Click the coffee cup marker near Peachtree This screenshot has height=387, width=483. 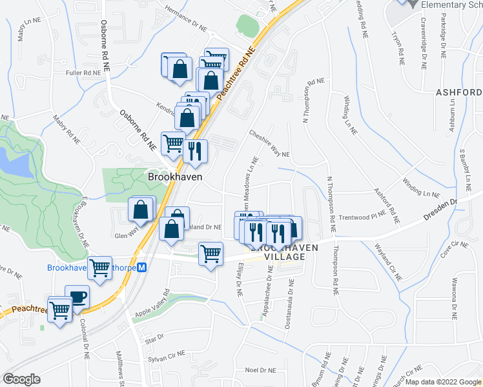[77, 297]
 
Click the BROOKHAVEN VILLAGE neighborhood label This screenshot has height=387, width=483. [277, 252]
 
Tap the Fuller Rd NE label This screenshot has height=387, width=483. [83, 73]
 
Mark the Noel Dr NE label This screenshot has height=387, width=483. [261, 370]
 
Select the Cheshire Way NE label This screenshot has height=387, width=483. [269, 143]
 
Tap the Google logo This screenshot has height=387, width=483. [21, 379]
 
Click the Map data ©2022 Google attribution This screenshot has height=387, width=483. [442, 382]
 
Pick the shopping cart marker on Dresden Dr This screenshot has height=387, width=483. [211, 254]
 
